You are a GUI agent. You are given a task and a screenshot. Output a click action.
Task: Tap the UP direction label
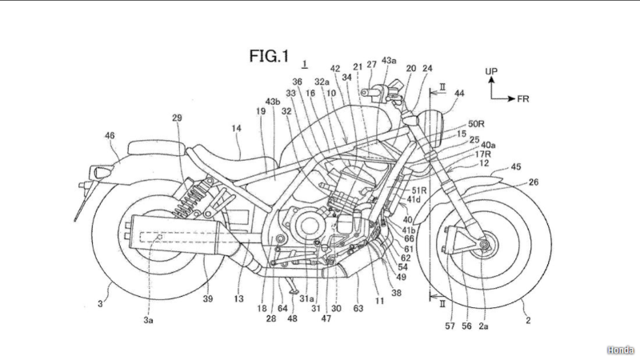click(491, 72)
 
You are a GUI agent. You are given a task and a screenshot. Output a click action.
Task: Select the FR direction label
click(522, 98)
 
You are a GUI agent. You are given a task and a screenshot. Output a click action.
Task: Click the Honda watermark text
click(619, 350)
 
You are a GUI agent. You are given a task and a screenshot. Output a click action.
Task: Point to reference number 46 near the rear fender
click(109, 137)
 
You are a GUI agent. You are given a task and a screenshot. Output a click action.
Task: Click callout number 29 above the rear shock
click(177, 118)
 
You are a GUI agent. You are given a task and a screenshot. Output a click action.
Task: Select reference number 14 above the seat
click(236, 127)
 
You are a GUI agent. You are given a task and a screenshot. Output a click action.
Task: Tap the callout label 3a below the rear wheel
click(148, 319)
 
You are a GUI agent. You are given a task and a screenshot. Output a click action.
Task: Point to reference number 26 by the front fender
click(534, 182)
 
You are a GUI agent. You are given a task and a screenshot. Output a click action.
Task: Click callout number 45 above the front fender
click(516, 167)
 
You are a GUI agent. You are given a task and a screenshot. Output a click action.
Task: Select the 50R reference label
click(477, 124)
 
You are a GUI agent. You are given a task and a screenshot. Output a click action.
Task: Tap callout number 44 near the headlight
click(458, 94)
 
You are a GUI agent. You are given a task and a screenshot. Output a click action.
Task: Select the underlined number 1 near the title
click(304, 62)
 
